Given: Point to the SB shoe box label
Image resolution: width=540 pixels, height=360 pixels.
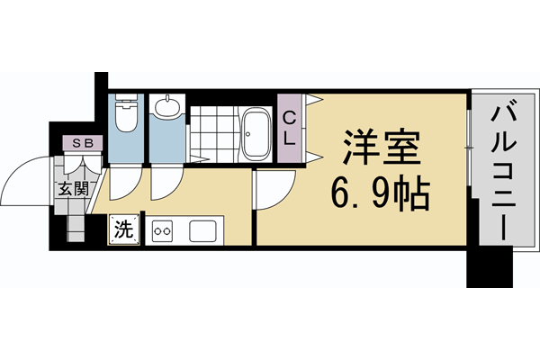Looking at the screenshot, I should click(x=81, y=142).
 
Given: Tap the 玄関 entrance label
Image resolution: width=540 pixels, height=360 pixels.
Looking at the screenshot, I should click(x=74, y=189).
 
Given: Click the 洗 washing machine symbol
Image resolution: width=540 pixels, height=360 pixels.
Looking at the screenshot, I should click(x=124, y=229).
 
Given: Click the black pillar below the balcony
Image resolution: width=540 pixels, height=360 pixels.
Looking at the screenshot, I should click(x=491, y=265).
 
